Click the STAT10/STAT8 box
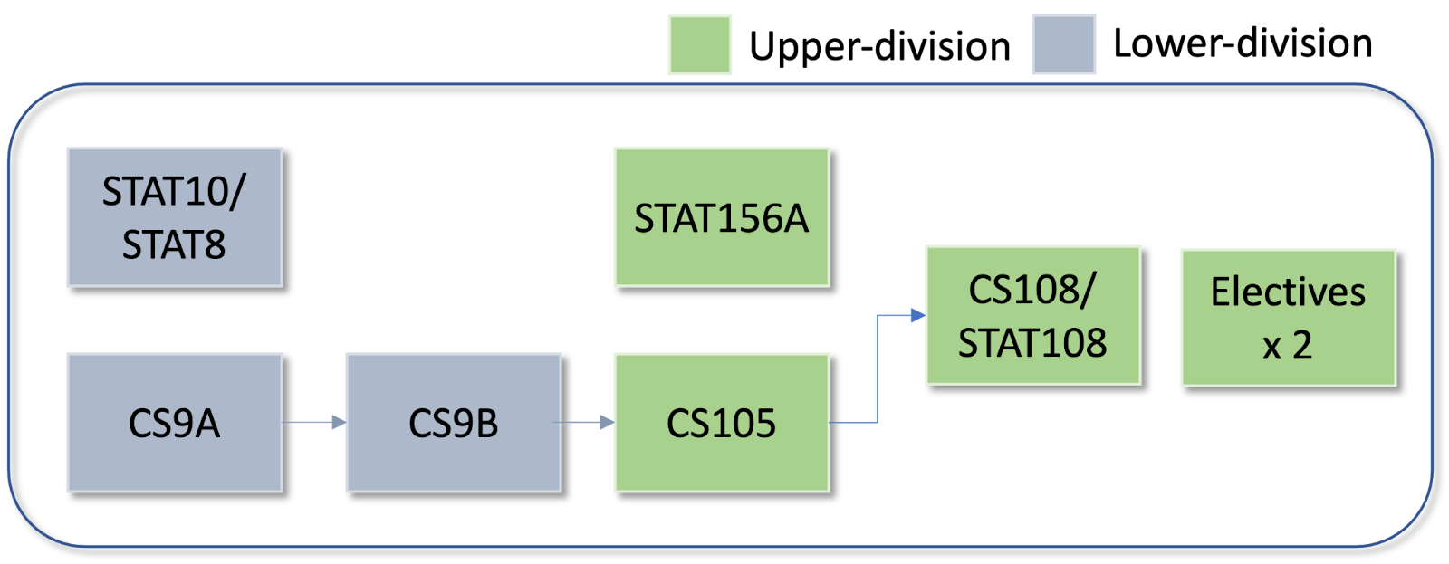[x=175, y=217]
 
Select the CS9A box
[x=175, y=423]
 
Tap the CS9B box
[x=453, y=423]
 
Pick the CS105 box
[x=721, y=423]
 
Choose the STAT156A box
[x=721, y=217]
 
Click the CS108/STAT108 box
[x=1032, y=315]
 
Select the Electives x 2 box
[x=1288, y=318]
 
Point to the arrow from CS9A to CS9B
[x=313, y=422]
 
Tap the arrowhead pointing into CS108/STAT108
[x=917, y=315]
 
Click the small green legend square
[x=700, y=44]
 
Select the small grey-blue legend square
[x=1064, y=44]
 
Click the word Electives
[x=1288, y=292]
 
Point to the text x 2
[x=1287, y=345]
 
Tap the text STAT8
[x=174, y=245]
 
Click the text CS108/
[x=1032, y=290]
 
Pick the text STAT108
[x=1032, y=343]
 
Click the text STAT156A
[x=721, y=218]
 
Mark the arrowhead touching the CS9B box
[x=339, y=422]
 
